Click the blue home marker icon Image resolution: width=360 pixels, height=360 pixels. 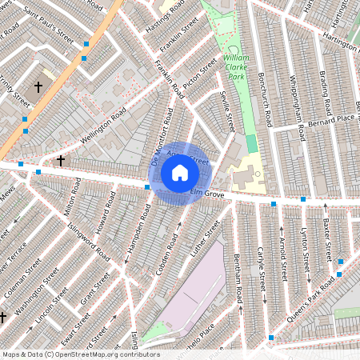coord(180,172)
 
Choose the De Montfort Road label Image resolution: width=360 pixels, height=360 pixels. coord(162,138)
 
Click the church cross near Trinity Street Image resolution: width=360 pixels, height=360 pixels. coord(37,86)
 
